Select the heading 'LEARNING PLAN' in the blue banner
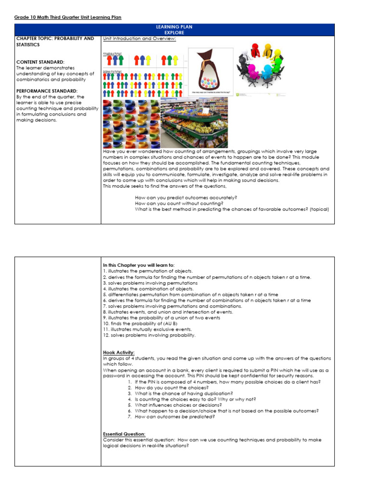[x=174, y=27]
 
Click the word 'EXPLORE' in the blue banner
[x=174, y=33]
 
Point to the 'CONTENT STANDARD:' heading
[x=40, y=62]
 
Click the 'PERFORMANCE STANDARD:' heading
[x=46, y=91]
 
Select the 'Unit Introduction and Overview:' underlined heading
[x=139, y=39]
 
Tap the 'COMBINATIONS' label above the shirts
[x=112, y=55]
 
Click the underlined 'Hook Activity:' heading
[x=119, y=352]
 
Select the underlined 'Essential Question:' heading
[x=124, y=434]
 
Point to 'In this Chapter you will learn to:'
[x=139, y=265]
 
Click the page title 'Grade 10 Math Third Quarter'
[x=68, y=17]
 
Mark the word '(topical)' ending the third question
[x=319, y=209]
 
